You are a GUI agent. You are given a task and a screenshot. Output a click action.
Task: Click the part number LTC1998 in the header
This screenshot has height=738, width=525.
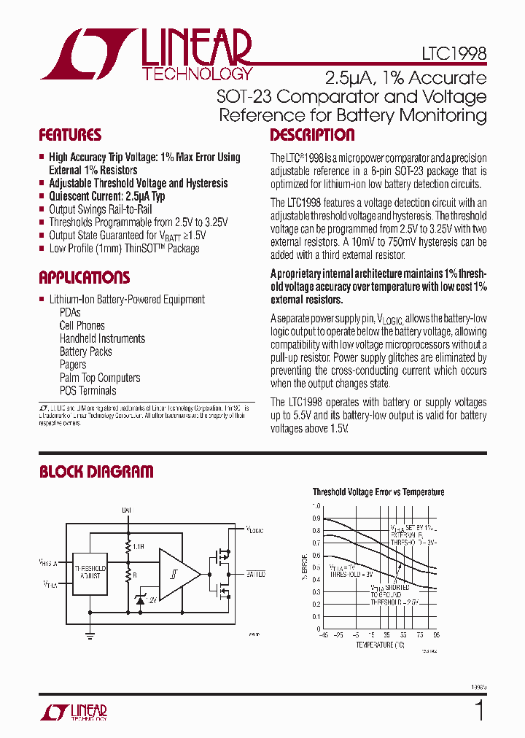click(x=454, y=54)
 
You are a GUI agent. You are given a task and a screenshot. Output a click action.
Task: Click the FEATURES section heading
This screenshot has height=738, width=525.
click(x=70, y=136)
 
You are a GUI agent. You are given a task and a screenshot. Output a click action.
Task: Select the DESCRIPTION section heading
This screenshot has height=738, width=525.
click(x=312, y=136)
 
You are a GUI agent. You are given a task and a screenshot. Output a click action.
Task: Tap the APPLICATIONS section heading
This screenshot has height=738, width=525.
click(x=85, y=278)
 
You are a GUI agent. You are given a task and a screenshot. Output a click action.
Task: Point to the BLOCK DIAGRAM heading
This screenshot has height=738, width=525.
click(x=96, y=472)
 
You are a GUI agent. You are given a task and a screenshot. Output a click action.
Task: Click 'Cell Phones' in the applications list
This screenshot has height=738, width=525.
click(x=82, y=325)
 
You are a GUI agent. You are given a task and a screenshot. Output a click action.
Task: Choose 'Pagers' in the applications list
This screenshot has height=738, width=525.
click(x=73, y=365)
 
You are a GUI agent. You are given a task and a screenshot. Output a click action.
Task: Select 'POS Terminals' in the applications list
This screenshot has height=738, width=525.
click(x=87, y=391)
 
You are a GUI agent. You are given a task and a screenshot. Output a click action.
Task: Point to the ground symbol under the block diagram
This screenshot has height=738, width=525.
click(x=90, y=636)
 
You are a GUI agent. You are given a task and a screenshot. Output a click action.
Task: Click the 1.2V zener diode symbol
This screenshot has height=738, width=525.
click(x=140, y=599)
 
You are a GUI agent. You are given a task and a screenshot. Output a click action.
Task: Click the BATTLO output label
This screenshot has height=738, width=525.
click(x=255, y=574)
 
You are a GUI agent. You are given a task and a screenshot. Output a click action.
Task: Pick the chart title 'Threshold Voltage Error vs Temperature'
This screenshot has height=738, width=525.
click(x=378, y=492)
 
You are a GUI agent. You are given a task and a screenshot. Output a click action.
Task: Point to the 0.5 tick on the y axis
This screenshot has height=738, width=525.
click(x=316, y=567)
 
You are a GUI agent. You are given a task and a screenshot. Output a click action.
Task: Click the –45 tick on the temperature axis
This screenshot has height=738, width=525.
click(x=323, y=635)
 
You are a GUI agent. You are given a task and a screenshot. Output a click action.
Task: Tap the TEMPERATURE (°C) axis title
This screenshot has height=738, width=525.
click(x=380, y=645)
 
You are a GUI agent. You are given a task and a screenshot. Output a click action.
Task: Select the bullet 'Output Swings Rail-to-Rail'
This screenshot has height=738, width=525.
click(x=100, y=209)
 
